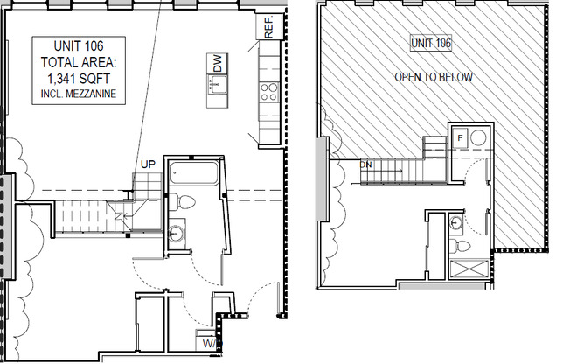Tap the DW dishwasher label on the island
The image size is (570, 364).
pos(216,63)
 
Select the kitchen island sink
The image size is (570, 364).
pos(215,84)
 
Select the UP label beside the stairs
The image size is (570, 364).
pos(149,164)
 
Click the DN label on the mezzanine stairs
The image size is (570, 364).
pos(365,164)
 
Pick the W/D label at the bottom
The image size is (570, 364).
pos(212,344)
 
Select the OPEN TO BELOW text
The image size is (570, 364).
pos(434,77)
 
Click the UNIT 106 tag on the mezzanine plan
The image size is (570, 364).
pos(431,43)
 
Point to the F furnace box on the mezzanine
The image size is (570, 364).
pos(460,137)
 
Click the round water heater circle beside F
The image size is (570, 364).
pos(477,137)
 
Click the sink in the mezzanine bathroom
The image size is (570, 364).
pos(455,224)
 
